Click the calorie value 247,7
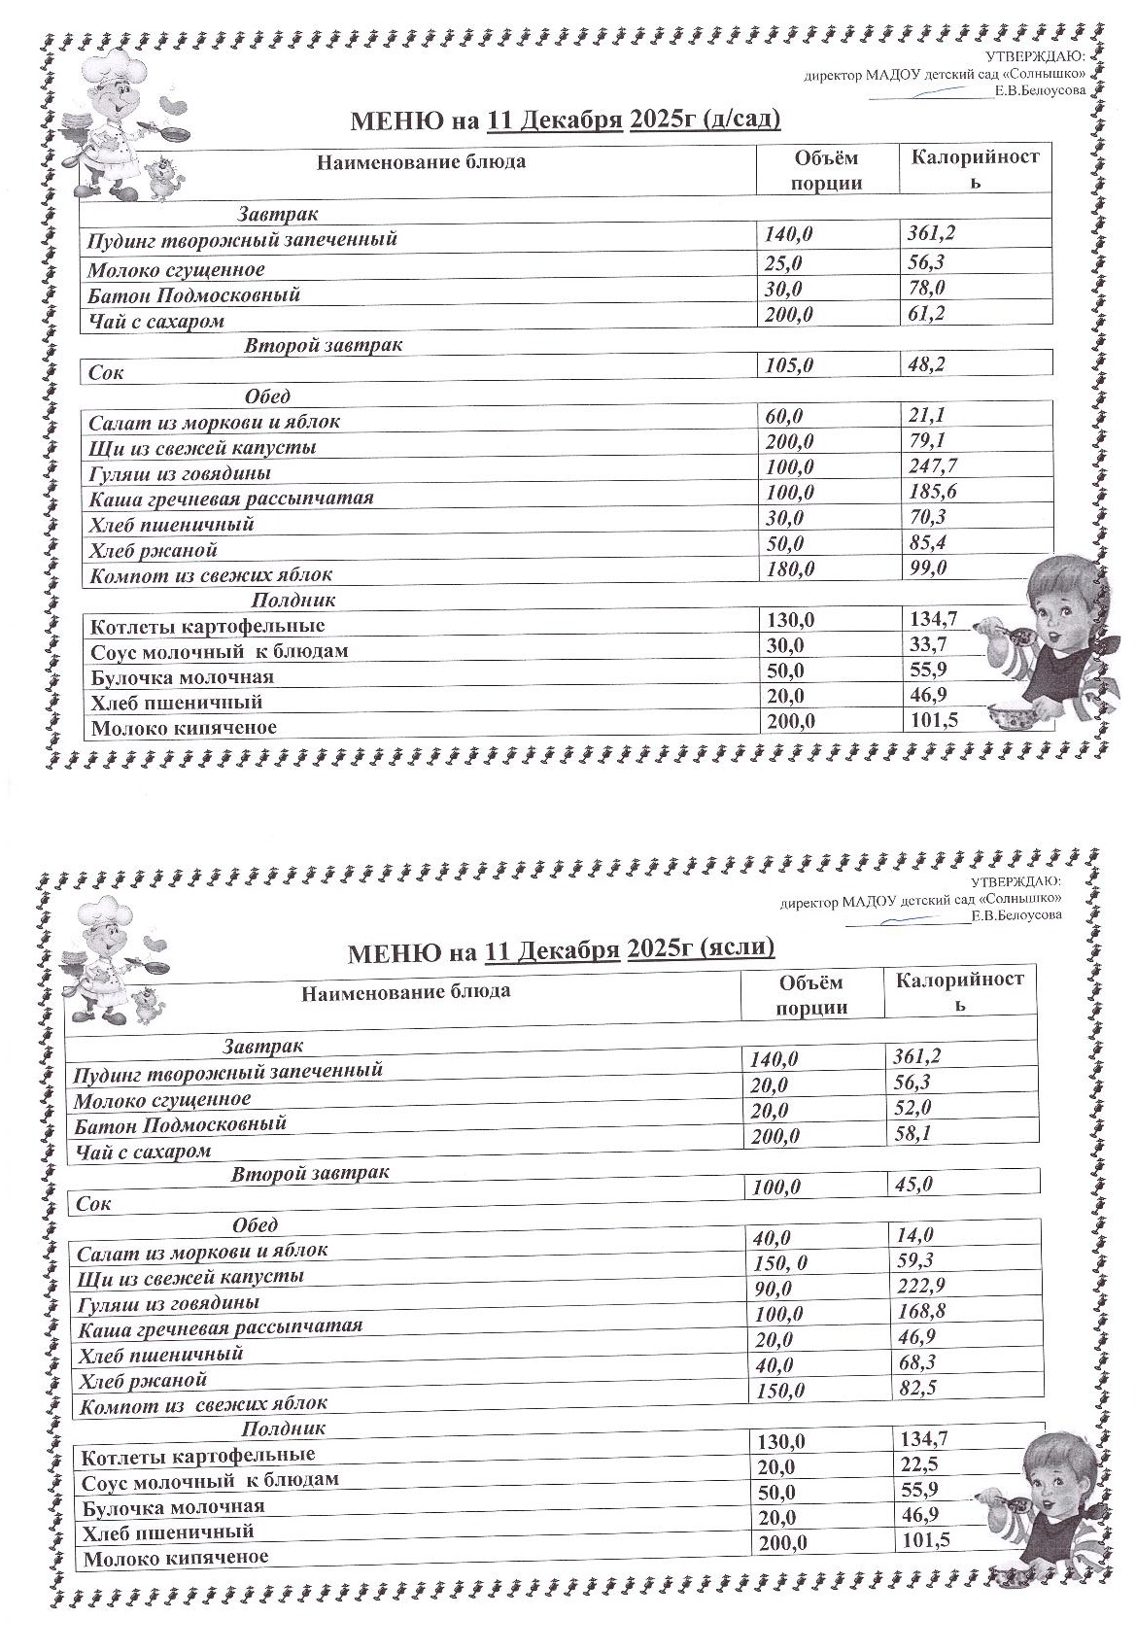coord(931,466)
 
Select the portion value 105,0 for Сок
coord(788,365)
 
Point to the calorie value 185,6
coord(931,492)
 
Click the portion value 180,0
coord(789,569)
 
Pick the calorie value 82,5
coord(917,1388)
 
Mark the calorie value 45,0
coord(913,1184)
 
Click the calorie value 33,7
coord(927,644)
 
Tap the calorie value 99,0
coord(927,568)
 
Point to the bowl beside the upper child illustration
coord(1016,718)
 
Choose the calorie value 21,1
coord(924,416)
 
